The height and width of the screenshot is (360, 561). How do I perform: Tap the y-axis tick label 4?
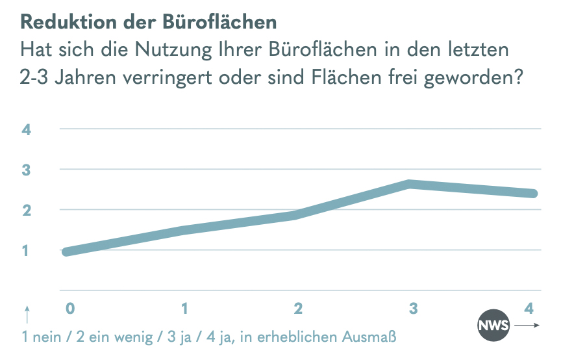pos(27,129)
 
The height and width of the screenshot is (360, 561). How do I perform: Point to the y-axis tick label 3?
pos(27,170)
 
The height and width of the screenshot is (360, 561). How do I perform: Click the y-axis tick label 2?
pos(27,210)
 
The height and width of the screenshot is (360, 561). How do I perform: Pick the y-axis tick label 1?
pos(27,250)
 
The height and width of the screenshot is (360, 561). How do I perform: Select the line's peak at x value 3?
pos(410,184)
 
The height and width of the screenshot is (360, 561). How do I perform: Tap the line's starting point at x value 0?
pos(66,251)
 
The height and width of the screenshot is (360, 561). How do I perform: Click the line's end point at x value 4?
pos(533,193)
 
